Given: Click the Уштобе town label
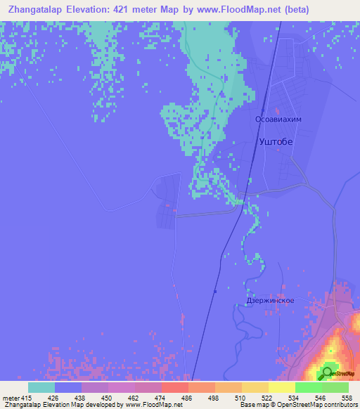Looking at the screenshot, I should click(276, 141).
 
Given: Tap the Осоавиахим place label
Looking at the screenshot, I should click(278, 120).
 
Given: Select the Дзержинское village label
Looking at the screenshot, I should click(270, 300).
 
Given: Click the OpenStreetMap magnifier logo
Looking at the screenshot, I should click(327, 372).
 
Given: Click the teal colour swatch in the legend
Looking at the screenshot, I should click(41, 388).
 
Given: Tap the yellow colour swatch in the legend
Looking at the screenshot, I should click(282, 388).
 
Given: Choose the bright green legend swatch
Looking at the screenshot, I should click(309, 388).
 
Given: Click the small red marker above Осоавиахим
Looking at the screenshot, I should click(278, 110).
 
